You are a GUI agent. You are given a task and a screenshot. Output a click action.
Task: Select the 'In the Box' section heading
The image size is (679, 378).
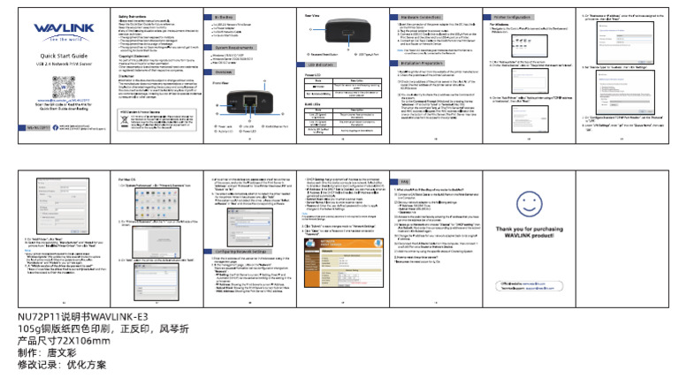tap(224, 17)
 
